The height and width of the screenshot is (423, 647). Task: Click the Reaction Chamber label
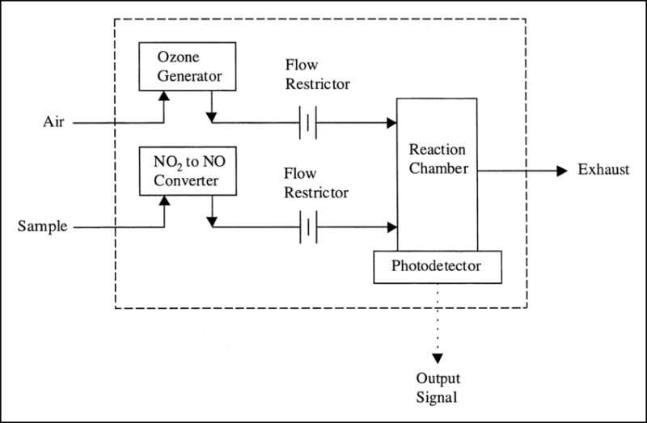(x=438, y=159)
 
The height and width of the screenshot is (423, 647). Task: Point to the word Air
(x=53, y=122)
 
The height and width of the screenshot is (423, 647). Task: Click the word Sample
(x=43, y=226)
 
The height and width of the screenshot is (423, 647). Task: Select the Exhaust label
(x=603, y=169)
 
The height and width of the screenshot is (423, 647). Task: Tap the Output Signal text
(x=438, y=388)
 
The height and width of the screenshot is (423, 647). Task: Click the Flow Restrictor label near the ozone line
(x=317, y=74)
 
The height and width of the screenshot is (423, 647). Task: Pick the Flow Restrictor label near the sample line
(x=316, y=183)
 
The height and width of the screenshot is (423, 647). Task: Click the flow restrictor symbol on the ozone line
(x=308, y=123)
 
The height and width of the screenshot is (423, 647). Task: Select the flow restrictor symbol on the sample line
(x=308, y=227)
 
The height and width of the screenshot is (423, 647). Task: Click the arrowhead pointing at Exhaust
(x=562, y=171)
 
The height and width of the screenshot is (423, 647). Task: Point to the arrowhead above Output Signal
(x=438, y=358)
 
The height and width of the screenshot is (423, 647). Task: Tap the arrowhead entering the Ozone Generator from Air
(x=164, y=95)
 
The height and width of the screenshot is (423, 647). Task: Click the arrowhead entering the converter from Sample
(x=165, y=201)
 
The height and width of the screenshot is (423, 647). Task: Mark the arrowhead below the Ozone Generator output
(x=211, y=117)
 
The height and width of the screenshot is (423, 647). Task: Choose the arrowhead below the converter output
(x=212, y=222)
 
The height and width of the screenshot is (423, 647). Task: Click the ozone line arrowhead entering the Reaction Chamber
(x=391, y=123)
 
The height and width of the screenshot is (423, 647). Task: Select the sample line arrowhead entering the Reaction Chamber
(x=392, y=227)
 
